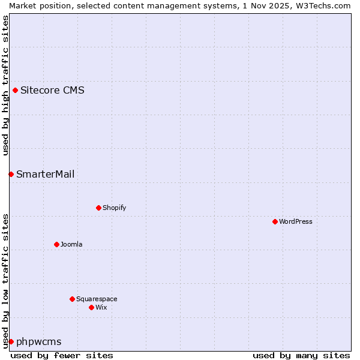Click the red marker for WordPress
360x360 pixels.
[x=275, y=221]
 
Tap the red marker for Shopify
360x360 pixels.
[x=98, y=208]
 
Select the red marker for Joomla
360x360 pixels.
[x=56, y=244]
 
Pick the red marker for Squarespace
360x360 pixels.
[x=72, y=299]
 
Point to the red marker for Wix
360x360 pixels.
[x=91, y=307]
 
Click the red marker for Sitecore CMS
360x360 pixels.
[x=15, y=91]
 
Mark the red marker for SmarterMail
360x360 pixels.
[x=11, y=174]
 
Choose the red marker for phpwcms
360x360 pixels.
[x=11, y=341]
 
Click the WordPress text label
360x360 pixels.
[x=296, y=221]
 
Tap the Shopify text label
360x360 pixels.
[x=114, y=208]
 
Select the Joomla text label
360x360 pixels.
[x=71, y=244]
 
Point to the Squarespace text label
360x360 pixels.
[x=97, y=299]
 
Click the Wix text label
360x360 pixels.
[x=101, y=307]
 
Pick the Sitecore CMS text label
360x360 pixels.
[x=52, y=91]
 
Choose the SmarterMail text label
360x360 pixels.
[x=46, y=174]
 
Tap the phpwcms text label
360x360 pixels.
[x=39, y=342]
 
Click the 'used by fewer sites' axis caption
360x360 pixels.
[x=62, y=355]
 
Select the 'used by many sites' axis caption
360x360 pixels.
[x=301, y=355]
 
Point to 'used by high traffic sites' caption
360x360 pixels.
[x=5, y=85]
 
